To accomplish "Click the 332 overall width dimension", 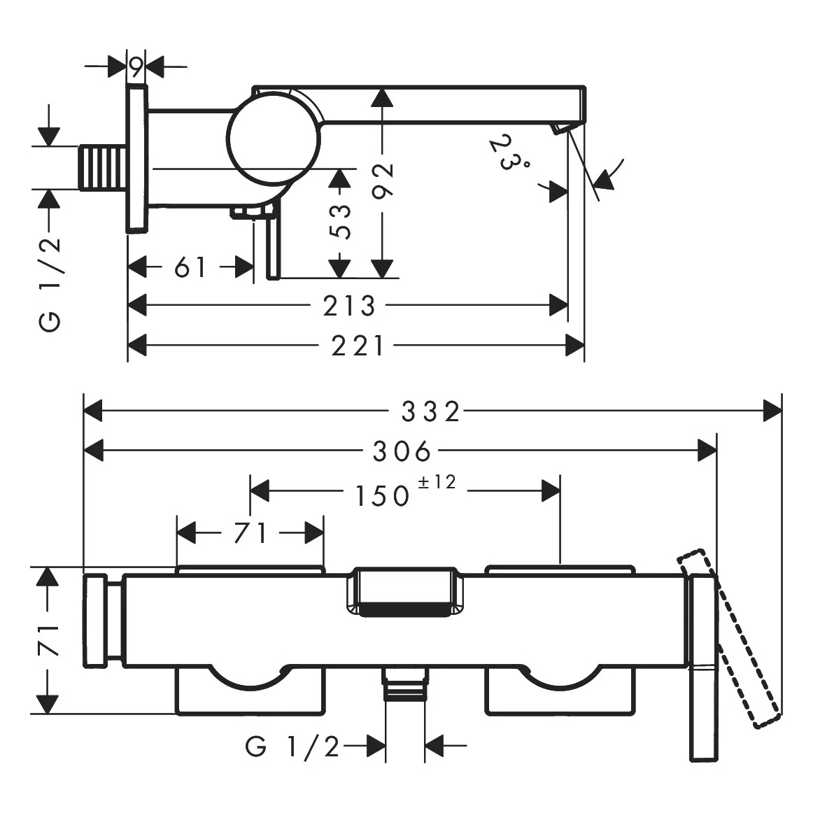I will click(x=430, y=411).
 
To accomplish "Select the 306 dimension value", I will click(x=402, y=452).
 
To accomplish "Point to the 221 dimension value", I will click(x=358, y=346).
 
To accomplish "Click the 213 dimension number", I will click(x=350, y=306).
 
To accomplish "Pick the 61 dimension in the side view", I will click(x=190, y=267).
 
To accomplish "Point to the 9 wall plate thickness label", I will click(x=136, y=66).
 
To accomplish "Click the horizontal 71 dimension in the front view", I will click(x=250, y=533).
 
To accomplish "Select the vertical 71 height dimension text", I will click(x=48, y=639).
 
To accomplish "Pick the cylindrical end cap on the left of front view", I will click(x=103, y=620).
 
